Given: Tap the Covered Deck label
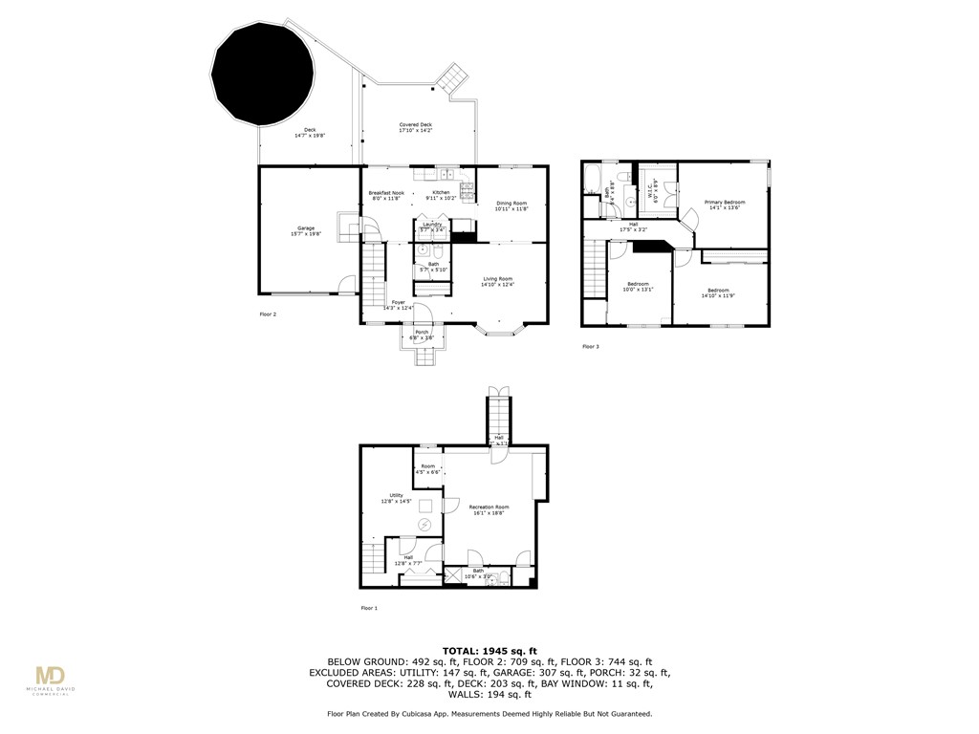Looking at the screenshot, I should (415, 128).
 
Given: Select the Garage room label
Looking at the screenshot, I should (306, 231).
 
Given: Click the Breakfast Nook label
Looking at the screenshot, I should (386, 196).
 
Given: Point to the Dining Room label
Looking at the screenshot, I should (511, 205).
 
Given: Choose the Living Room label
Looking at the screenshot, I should (497, 281).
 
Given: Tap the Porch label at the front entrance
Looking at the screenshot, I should (422, 335).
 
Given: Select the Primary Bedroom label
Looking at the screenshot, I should (725, 205).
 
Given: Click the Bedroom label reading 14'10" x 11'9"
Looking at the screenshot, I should (718, 292).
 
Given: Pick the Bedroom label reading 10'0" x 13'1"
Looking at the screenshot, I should (639, 287).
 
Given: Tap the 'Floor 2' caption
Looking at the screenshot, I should (269, 313).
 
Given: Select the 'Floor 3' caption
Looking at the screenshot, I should (591, 347).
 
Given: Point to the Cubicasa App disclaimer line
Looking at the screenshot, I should (489, 714).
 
